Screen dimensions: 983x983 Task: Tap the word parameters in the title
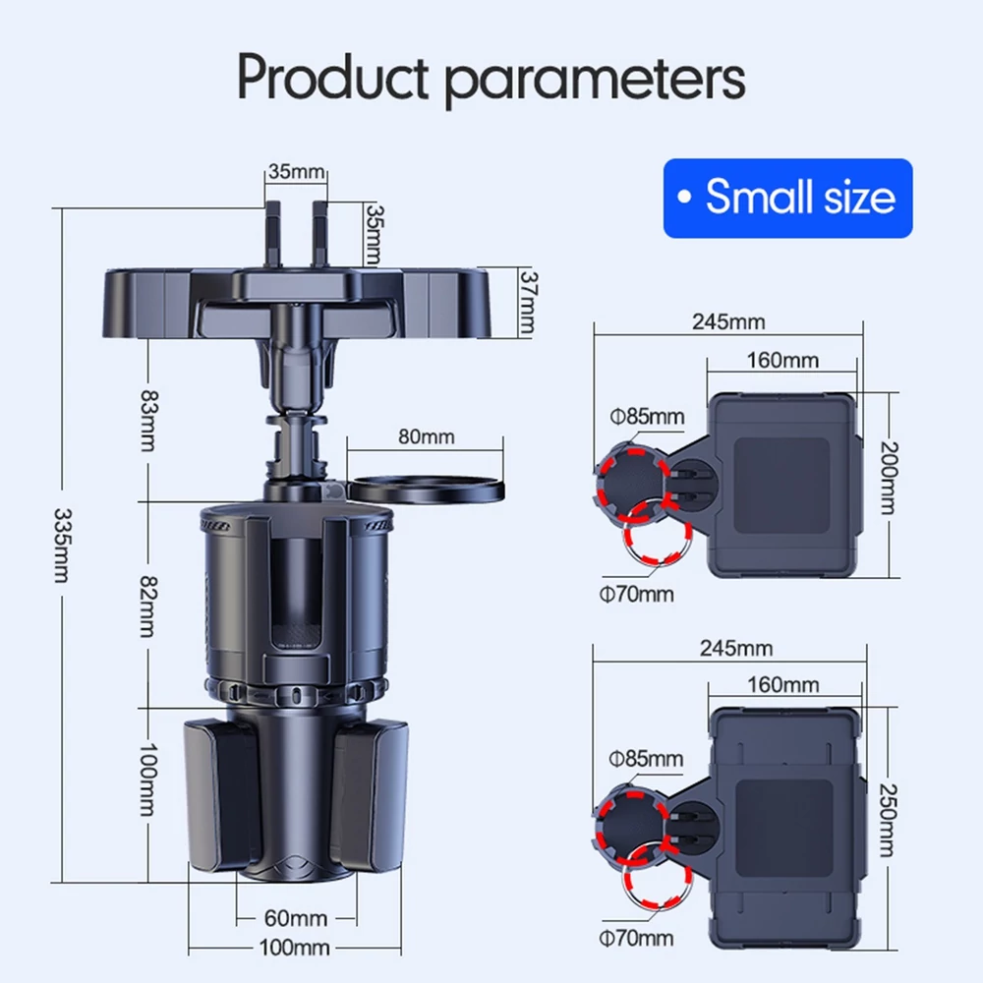(595, 82)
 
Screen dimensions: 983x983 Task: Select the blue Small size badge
(788, 199)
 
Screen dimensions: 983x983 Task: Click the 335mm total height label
(62, 545)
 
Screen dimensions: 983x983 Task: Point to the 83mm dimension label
(148, 421)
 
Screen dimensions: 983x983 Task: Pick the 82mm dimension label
(148, 607)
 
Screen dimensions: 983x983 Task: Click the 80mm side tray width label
(427, 436)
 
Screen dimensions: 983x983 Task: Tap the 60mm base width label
(295, 918)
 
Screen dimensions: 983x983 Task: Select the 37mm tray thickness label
(529, 302)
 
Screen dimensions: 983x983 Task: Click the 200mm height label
(889, 478)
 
